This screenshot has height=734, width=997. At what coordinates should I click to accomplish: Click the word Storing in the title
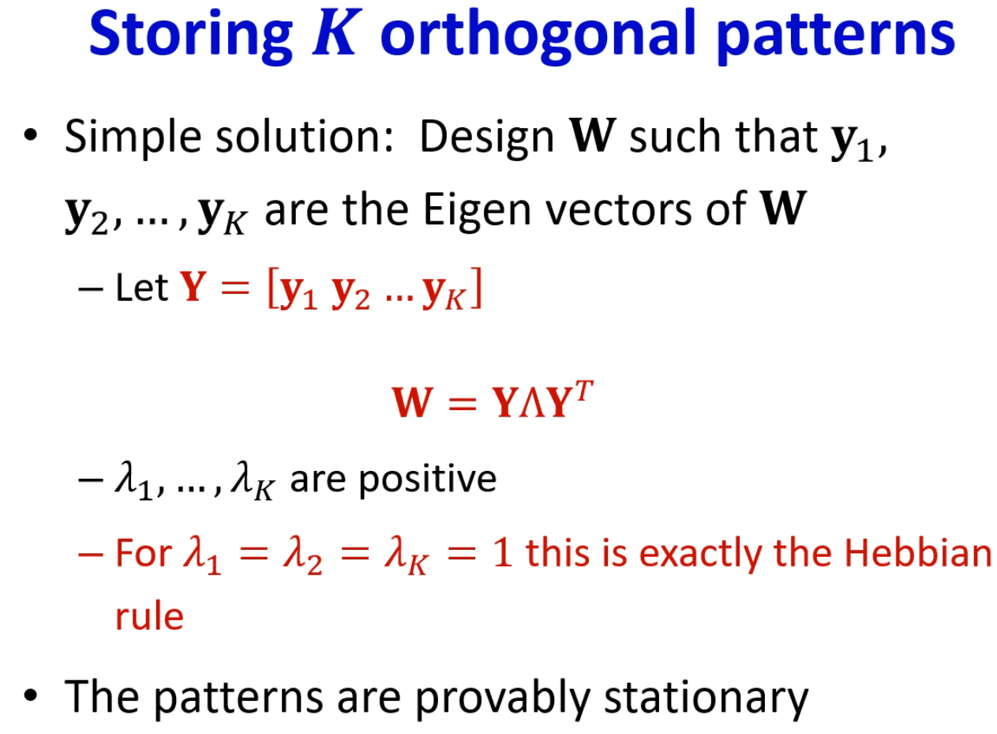(x=191, y=36)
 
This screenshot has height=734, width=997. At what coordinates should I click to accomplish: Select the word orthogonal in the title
(x=538, y=36)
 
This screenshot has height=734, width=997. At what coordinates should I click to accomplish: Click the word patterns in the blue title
(x=837, y=36)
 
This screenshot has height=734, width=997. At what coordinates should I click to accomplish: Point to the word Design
(x=487, y=137)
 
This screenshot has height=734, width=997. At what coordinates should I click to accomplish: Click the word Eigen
(x=477, y=210)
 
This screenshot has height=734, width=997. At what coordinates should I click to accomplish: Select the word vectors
(x=619, y=210)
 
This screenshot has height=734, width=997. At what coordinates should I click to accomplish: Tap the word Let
(x=141, y=288)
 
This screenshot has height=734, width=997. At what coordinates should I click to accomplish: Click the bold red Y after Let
(x=193, y=287)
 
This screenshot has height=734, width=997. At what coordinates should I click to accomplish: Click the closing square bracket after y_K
(x=476, y=288)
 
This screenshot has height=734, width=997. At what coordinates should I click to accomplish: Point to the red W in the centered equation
(x=412, y=402)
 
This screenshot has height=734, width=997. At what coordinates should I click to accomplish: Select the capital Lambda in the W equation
(x=533, y=402)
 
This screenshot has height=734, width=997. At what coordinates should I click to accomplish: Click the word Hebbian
(x=918, y=553)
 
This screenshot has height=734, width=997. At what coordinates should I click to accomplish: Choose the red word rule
(x=149, y=617)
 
